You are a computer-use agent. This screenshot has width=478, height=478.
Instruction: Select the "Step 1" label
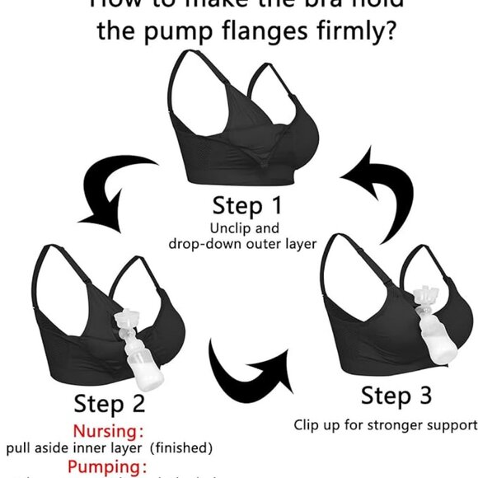[x=247, y=205]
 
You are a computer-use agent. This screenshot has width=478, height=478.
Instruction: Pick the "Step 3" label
[x=396, y=396]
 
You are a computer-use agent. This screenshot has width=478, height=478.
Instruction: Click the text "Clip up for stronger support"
[x=386, y=425]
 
